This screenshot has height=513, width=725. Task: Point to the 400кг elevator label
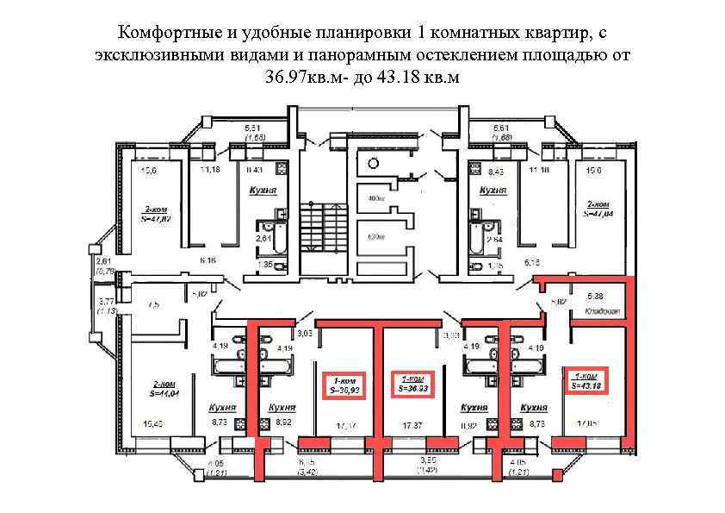pyautogui.click(x=375, y=199)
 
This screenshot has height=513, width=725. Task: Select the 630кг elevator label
pyautogui.click(x=375, y=235)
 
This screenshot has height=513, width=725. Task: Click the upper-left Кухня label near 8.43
pyautogui.click(x=262, y=188)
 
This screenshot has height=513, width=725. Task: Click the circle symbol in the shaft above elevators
pyautogui.click(x=374, y=163)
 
